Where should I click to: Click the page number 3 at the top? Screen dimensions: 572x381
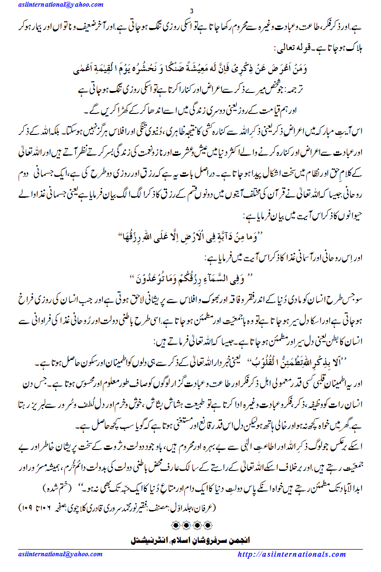point(190,11)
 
